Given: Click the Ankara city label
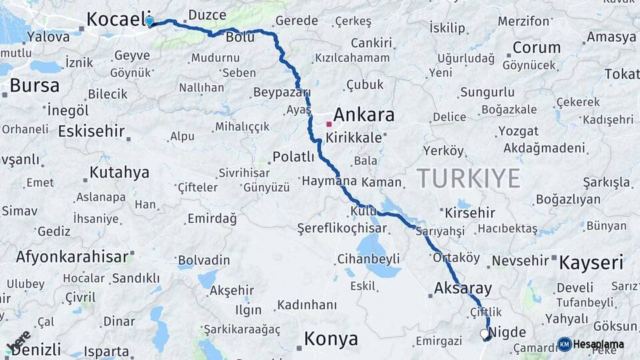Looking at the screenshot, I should (x=363, y=115).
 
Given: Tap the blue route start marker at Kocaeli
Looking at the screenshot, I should (x=149, y=21).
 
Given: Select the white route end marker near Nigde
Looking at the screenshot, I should (x=484, y=333).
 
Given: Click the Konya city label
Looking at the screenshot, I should (x=331, y=339).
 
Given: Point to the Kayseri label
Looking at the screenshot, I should (x=591, y=262).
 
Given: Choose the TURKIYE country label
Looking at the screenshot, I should (x=469, y=178).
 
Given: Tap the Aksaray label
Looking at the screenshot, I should (x=463, y=289).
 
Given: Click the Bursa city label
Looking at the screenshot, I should (x=35, y=85).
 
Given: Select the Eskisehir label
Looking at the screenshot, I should (x=91, y=131).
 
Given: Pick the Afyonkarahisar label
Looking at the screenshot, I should (x=72, y=257).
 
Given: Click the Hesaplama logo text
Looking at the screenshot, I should (x=599, y=344).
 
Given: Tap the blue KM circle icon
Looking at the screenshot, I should (x=565, y=344).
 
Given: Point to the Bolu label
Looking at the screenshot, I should (x=240, y=37).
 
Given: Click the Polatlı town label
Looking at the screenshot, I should (x=293, y=157).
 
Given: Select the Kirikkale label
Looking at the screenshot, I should (x=354, y=138).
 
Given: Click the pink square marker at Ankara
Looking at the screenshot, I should (x=329, y=124).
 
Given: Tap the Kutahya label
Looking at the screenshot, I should (x=119, y=173).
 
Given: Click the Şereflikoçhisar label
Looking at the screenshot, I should (x=342, y=228).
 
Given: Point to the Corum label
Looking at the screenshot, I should (x=537, y=47).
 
